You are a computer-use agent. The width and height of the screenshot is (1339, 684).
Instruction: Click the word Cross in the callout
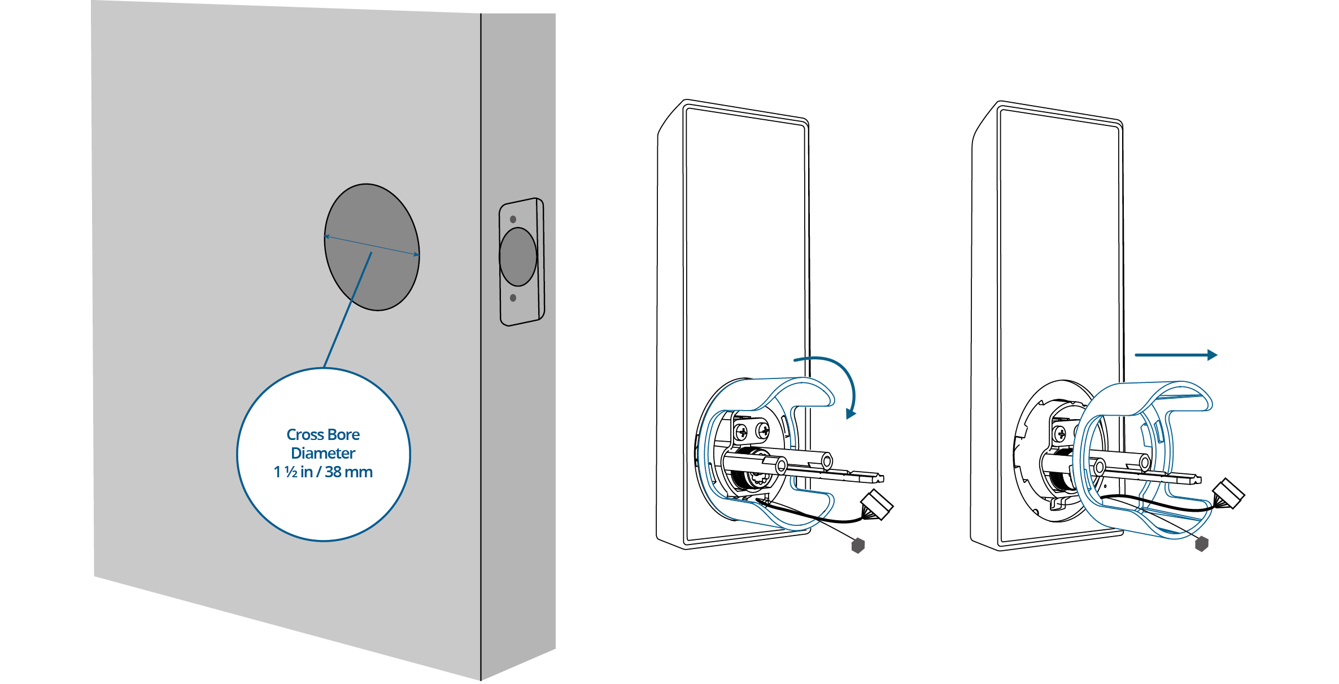click(304, 434)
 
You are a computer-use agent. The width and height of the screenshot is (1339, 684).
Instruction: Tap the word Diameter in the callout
click(323, 453)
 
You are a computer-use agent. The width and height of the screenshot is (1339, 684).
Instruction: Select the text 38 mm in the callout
click(348, 472)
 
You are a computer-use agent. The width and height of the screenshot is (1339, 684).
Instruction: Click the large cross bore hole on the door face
click(372, 247)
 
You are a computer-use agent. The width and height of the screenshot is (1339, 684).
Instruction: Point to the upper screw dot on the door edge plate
click(513, 219)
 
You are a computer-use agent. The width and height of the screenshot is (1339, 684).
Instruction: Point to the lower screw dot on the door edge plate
click(513, 298)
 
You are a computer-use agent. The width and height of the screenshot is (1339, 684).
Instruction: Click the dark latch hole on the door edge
click(518, 257)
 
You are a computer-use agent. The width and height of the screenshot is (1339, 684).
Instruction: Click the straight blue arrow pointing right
click(1176, 355)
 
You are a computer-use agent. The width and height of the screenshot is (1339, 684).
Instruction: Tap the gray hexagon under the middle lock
click(858, 545)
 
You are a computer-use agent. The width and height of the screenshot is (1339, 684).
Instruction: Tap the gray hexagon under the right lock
click(1202, 544)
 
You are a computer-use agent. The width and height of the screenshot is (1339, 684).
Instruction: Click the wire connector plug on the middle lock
click(877, 504)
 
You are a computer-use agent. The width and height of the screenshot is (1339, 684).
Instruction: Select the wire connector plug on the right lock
click(1229, 494)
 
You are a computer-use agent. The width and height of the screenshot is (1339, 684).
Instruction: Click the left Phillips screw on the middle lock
click(742, 433)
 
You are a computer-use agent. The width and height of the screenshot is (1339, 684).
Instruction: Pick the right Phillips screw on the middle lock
click(764, 432)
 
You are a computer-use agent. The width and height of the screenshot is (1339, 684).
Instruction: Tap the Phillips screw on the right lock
click(1060, 434)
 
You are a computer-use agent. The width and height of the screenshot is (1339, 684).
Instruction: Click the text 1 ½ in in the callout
click(294, 472)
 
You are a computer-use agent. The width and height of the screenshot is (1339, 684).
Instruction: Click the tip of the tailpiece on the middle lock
click(883, 478)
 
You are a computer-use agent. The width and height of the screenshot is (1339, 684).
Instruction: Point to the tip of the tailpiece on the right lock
click(1200, 480)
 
